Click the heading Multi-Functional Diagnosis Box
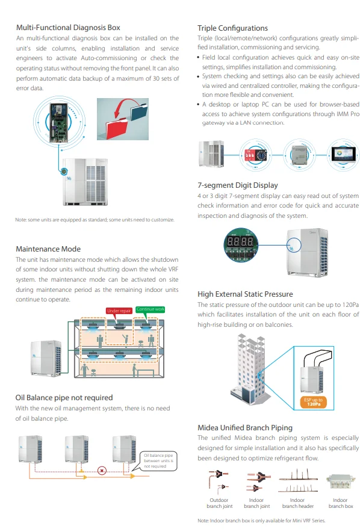pos(68,28)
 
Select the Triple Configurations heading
pos(232,28)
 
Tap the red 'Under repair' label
pos(120,311)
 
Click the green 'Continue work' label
pos(150,309)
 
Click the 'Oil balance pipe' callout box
pos(159,460)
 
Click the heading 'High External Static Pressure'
pos(245,294)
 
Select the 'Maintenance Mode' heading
pos(48,249)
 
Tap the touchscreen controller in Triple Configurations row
pos(343,153)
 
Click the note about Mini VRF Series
pos(262,521)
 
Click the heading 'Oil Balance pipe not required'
pos(64,397)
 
